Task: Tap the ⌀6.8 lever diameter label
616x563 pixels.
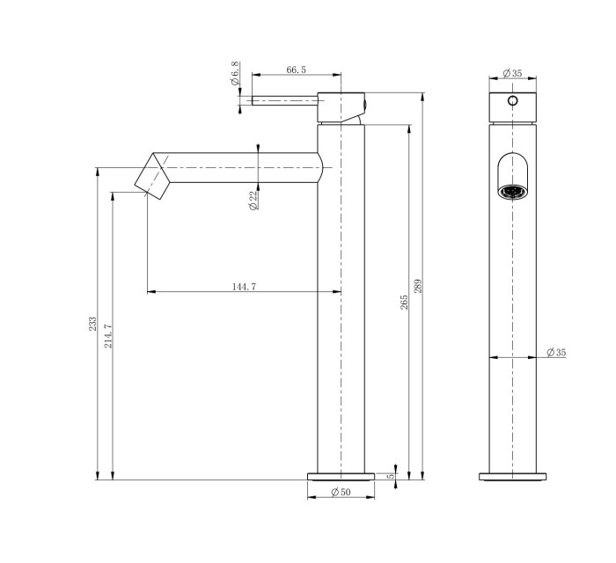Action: click(235, 76)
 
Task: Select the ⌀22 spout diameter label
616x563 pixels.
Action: click(253, 201)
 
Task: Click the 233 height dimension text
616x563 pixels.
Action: click(93, 324)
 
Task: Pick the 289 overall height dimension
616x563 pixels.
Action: click(419, 285)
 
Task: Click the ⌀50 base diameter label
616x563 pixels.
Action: click(341, 493)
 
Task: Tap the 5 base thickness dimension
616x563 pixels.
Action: click(390, 476)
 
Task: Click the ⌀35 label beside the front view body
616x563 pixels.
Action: click(555, 353)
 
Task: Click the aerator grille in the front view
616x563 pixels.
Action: click(512, 191)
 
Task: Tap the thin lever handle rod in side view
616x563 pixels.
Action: click(283, 100)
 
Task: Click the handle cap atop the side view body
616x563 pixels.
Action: click(340, 106)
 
